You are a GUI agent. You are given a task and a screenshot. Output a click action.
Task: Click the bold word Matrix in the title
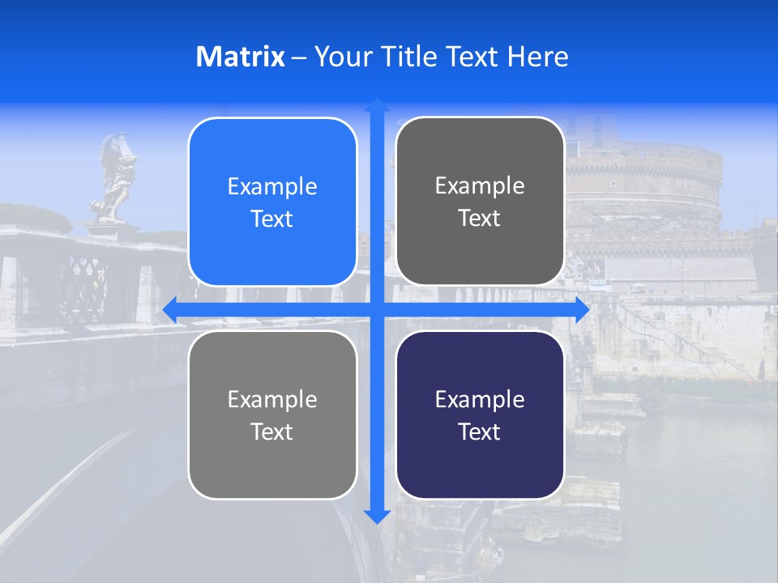(240, 57)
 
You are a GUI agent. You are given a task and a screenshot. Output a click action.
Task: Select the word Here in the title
(537, 57)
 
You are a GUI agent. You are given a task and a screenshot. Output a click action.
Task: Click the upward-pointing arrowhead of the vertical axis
(377, 104)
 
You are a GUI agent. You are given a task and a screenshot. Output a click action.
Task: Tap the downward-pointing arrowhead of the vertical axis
(377, 516)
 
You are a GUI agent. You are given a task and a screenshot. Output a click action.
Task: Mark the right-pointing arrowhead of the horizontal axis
(582, 310)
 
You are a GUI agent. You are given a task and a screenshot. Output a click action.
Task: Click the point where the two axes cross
(377, 310)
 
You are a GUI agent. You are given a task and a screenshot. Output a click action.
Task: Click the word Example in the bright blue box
(272, 187)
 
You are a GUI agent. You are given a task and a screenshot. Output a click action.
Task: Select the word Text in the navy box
(480, 432)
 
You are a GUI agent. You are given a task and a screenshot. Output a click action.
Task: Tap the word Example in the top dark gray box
(480, 186)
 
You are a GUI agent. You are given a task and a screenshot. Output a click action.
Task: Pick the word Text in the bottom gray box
(272, 432)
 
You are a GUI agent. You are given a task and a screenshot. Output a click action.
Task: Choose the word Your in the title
(339, 57)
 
